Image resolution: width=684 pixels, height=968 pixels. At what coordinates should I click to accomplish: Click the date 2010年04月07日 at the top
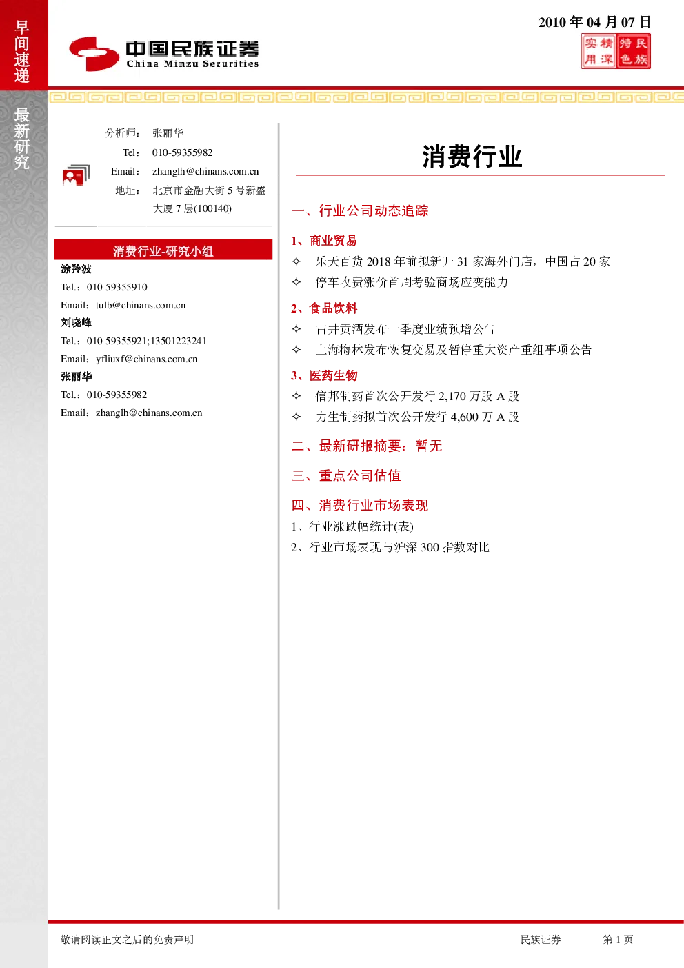coord(594,22)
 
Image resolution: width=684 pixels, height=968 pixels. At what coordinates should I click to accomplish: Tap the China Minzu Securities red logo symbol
coord(94,54)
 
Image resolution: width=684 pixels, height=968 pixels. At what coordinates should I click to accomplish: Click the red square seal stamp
coord(616,52)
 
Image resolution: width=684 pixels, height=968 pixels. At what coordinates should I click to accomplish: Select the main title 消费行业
coord(472,156)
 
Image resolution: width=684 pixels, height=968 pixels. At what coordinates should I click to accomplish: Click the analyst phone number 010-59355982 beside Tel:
coord(182,152)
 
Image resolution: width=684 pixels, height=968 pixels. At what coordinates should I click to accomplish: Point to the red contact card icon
coord(77,175)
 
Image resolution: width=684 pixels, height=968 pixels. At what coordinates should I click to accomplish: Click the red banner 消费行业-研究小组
coord(163,250)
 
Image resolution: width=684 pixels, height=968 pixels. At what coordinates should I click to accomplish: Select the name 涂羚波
coord(76,269)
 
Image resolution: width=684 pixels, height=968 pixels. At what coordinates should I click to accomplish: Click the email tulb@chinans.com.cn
coord(141,305)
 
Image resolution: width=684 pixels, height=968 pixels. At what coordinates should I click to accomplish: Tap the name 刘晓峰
coord(76,322)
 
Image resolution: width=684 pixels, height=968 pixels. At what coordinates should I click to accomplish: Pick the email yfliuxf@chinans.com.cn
coord(146,359)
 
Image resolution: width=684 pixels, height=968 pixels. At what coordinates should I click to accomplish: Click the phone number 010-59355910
coord(117,287)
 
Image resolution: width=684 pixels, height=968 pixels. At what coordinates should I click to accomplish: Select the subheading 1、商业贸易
coord(324,241)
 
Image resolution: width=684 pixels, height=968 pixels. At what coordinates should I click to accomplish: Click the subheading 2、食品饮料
coord(324,308)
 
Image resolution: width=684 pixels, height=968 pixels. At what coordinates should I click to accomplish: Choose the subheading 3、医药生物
coord(324,375)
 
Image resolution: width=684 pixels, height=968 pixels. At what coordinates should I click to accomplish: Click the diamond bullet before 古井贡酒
coord(296,329)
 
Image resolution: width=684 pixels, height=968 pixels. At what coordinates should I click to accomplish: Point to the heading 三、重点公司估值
coord(346,475)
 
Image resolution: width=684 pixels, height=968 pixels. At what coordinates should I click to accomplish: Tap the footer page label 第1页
coord(618,940)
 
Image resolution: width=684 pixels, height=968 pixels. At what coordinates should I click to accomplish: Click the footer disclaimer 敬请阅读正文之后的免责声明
coord(127,940)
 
